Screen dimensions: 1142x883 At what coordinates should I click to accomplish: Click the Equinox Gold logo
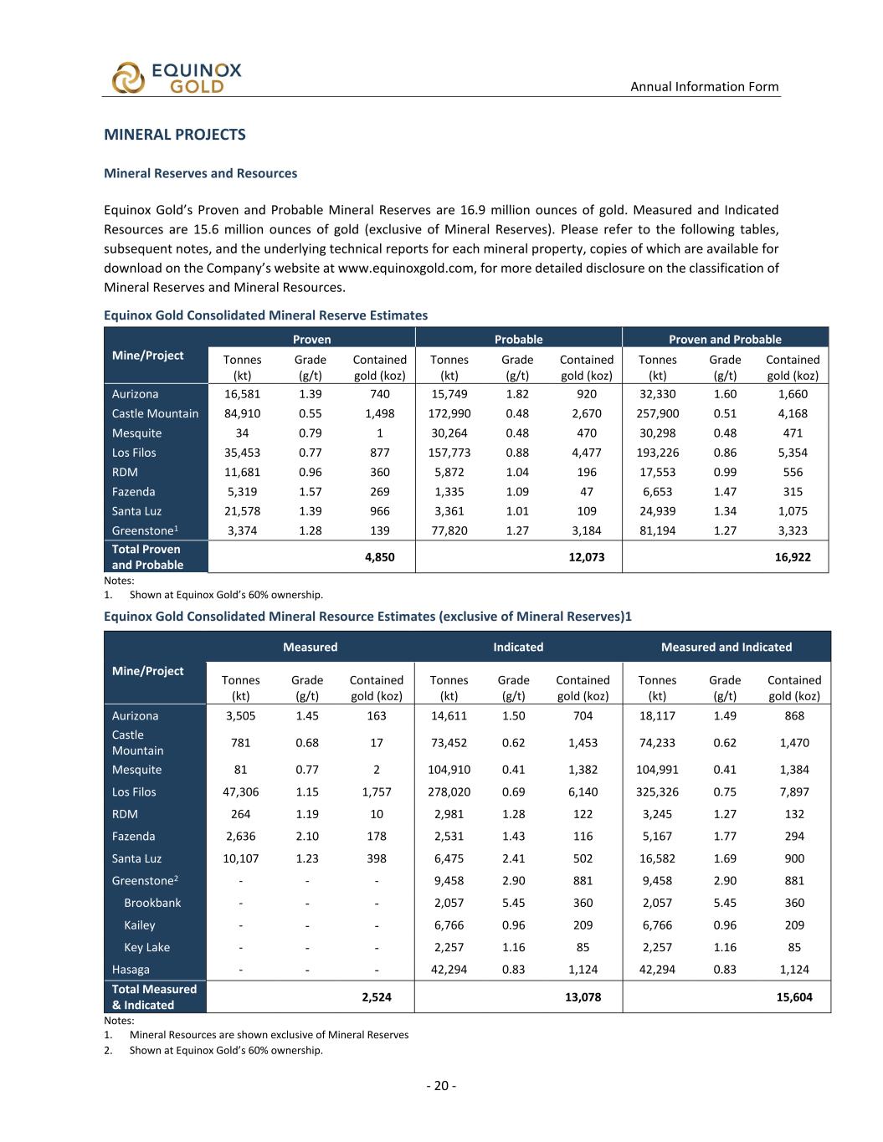(177, 77)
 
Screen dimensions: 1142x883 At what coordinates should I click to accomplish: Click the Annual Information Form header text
(704, 86)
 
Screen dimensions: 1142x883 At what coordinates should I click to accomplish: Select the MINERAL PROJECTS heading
(174, 135)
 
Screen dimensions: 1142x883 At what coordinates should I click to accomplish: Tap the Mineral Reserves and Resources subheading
(200, 173)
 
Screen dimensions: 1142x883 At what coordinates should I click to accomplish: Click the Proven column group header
(311, 339)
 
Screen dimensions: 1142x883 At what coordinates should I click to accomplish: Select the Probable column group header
(518, 339)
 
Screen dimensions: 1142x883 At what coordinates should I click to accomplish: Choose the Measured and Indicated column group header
(726, 647)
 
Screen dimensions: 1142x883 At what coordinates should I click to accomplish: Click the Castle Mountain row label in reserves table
(155, 413)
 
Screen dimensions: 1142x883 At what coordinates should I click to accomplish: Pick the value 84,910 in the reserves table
(242, 413)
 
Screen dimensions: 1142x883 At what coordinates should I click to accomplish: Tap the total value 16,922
(792, 556)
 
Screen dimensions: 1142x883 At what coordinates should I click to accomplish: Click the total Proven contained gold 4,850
(379, 556)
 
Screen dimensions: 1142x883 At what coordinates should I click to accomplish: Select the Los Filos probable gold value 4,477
(586, 453)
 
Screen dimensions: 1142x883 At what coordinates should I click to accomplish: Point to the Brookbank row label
(152, 903)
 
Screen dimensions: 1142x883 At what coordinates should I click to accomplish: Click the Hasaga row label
(131, 970)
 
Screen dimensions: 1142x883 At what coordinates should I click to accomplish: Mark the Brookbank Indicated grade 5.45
(513, 903)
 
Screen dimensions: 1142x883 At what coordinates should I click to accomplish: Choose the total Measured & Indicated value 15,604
(793, 996)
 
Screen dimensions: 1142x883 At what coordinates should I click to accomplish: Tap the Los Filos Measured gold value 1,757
(376, 791)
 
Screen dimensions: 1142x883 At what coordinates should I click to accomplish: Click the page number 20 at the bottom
(441, 1086)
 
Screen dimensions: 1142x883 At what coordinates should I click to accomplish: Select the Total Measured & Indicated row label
(154, 996)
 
